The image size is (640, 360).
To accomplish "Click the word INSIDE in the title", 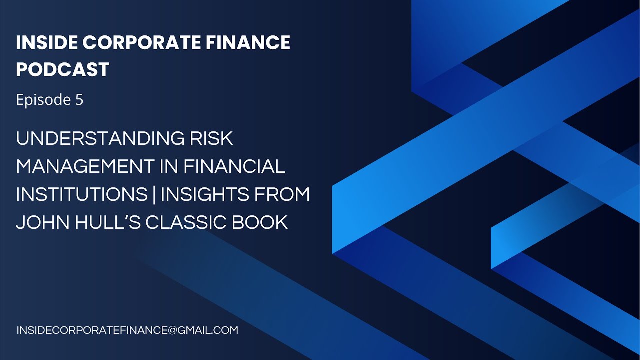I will click(x=46, y=43).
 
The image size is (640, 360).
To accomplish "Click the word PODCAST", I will click(x=62, y=70).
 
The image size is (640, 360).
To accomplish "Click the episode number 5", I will click(x=79, y=100).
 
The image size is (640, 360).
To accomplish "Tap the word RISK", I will click(x=212, y=138).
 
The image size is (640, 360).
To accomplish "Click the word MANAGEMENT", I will click(x=84, y=166).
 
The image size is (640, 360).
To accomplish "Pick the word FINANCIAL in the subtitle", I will click(x=234, y=166).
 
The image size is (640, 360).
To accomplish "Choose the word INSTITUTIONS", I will click(x=81, y=194).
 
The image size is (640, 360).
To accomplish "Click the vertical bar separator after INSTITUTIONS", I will click(x=154, y=194).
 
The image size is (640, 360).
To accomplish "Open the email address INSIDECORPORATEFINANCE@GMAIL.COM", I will click(x=127, y=330).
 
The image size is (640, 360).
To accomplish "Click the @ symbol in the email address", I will click(x=170, y=330).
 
